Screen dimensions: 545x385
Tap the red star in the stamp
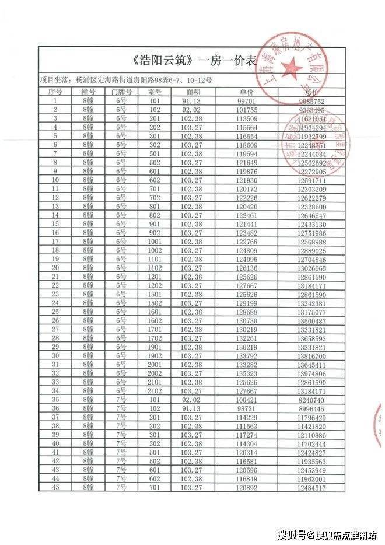293,69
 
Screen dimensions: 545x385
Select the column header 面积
193,92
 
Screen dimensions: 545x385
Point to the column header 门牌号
121,92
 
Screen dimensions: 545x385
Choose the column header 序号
55,92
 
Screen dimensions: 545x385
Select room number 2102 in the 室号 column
155,390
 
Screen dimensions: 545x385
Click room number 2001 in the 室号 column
155,364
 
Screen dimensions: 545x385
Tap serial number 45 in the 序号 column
55,487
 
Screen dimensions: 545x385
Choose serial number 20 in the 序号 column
55,268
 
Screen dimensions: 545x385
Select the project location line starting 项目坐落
126,79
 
